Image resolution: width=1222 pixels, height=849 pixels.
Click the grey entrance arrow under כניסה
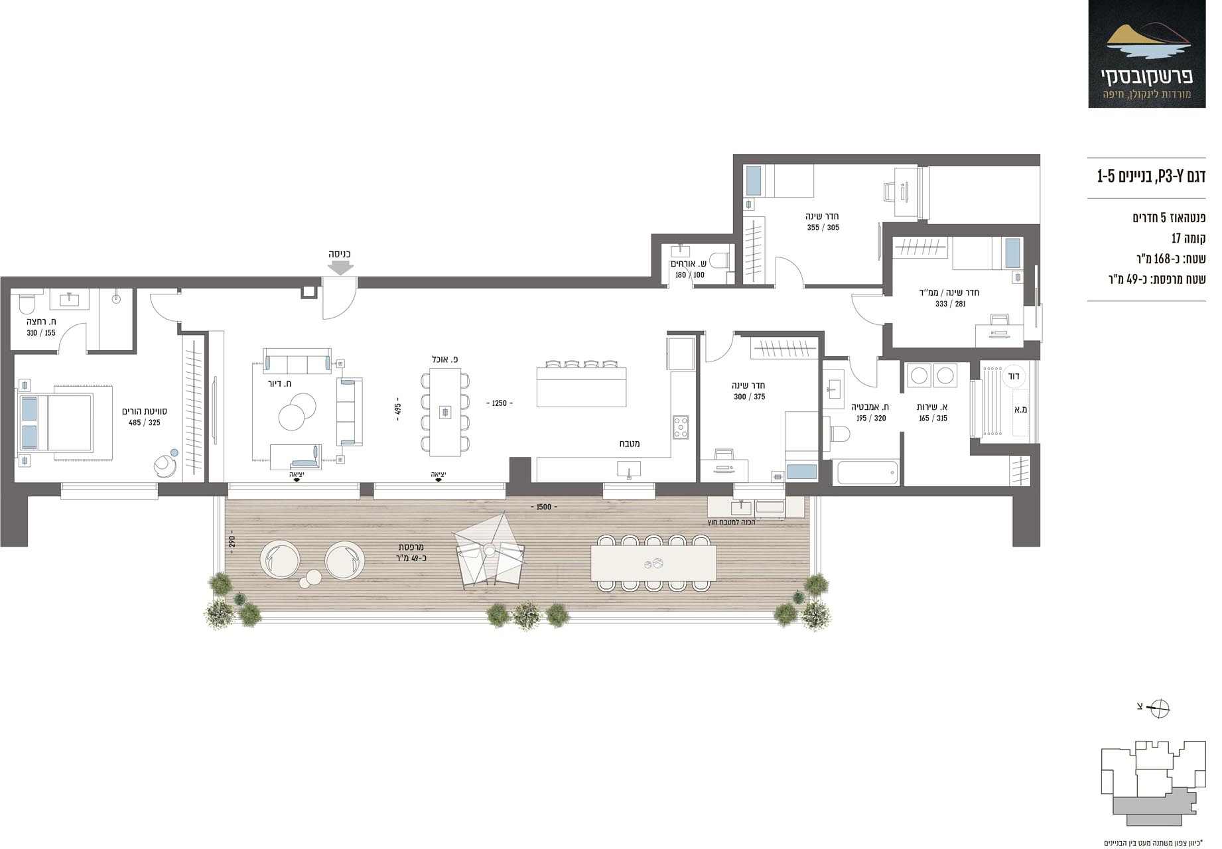(x=341, y=267)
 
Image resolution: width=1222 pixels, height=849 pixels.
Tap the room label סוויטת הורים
(x=145, y=411)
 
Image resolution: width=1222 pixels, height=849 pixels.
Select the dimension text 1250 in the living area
(x=499, y=403)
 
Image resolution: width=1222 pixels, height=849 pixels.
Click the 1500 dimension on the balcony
(x=543, y=507)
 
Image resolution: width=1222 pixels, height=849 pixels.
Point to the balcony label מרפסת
(x=411, y=547)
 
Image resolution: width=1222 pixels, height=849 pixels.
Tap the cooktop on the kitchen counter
(x=681, y=426)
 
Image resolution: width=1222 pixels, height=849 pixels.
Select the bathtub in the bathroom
(x=867, y=472)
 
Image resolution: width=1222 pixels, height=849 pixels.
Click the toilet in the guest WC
(x=719, y=260)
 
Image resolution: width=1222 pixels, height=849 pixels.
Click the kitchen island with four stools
(x=581, y=386)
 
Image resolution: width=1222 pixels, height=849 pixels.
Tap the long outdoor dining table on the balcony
(x=653, y=563)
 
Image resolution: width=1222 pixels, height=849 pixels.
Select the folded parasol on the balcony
(x=489, y=549)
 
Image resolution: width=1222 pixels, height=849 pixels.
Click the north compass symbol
(x=1161, y=708)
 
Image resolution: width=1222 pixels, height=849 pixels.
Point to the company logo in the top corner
(x=1147, y=54)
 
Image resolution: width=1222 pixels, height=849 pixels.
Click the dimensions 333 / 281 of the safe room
(x=950, y=304)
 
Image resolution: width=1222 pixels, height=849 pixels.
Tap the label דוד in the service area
(x=1013, y=376)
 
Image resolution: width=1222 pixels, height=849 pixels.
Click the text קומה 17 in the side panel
(x=1188, y=238)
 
